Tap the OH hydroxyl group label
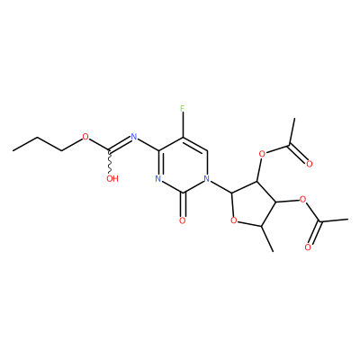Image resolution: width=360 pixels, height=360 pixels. click(112, 179)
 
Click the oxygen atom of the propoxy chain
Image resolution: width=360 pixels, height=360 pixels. click(85, 138)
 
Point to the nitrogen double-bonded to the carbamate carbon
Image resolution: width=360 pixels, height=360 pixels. click(134, 138)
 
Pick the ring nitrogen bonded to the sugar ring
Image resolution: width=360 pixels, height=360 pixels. click(206, 179)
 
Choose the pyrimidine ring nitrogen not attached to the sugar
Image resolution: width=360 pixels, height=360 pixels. click(158, 179)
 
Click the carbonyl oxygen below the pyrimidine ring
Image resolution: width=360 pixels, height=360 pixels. click(183, 221)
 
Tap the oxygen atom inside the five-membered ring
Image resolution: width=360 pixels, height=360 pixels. click(234, 221)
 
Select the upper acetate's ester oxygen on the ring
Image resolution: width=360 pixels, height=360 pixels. click(262, 154)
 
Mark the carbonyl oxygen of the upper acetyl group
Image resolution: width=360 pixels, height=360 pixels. click(310, 164)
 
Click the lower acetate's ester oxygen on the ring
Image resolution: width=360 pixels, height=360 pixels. click(302, 199)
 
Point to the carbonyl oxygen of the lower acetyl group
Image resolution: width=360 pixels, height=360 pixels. click(308, 247)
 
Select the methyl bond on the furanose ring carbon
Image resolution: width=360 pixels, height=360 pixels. click(267, 239)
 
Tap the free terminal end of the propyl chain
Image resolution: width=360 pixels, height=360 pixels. click(13, 150)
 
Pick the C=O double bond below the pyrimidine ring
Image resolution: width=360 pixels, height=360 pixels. click(183, 204)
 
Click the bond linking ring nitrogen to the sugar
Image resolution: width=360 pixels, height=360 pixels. click(220, 186)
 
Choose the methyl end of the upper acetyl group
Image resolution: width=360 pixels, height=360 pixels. click(295, 119)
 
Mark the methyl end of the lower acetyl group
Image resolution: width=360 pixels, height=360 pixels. click(347, 220)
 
